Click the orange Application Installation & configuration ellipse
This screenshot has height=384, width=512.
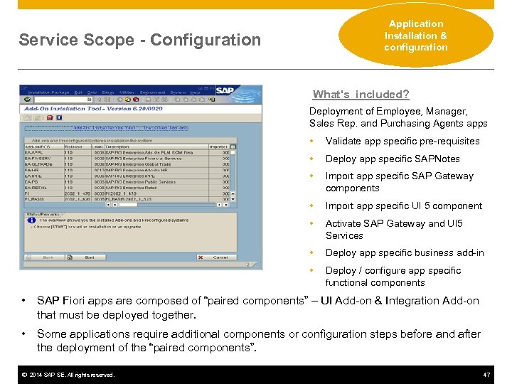click(416, 36)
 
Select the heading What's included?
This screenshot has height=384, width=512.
click(361, 95)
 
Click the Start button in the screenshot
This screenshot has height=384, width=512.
click(90, 257)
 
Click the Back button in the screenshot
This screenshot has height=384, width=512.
click(48, 257)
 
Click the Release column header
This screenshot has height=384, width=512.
click(73, 147)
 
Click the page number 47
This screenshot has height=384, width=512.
click(486, 375)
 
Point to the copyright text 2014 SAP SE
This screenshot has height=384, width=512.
click(68, 375)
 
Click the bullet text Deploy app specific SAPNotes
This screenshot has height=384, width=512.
click(393, 159)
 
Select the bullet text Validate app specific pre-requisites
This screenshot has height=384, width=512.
click(402, 141)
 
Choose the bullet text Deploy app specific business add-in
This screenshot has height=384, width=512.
click(405, 252)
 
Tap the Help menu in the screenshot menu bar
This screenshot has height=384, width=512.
click(195, 92)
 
